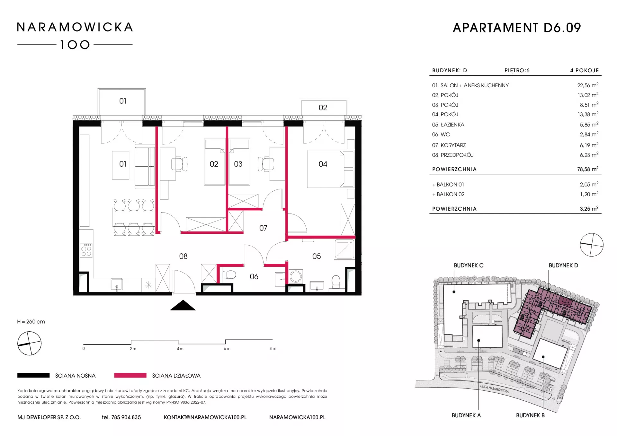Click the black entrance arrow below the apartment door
(183, 305)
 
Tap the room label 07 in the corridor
(263, 228)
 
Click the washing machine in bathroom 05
(296, 276)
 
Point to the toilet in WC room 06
(229, 275)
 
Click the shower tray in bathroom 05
(344, 249)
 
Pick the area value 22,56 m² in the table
(588, 85)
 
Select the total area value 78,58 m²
(588, 169)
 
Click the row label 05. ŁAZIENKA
(448, 125)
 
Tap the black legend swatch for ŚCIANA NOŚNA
(33, 375)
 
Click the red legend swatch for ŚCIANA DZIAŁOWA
(130, 375)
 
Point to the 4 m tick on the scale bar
(178, 342)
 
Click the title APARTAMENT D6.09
(517, 28)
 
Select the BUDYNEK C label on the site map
(469, 266)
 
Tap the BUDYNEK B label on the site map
(530, 415)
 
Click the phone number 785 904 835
(126, 417)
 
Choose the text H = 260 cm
(31, 322)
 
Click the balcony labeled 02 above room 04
(324, 107)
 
